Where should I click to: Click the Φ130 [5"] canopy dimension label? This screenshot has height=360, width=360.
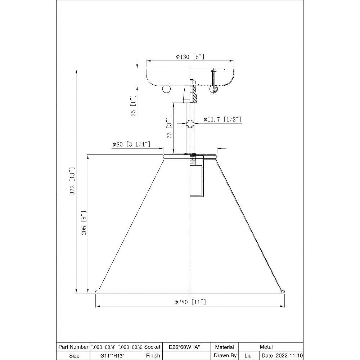[190, 57]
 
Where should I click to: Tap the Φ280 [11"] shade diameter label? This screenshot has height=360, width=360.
[190, 302]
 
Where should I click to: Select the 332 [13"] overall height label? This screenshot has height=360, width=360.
[73, 181]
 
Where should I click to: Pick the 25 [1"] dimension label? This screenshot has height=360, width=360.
[134, 106]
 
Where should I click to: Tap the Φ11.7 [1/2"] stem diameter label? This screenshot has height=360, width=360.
[222, 120]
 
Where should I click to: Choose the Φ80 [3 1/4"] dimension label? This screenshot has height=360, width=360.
[131, 144]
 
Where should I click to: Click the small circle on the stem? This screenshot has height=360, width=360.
[190, 124]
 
